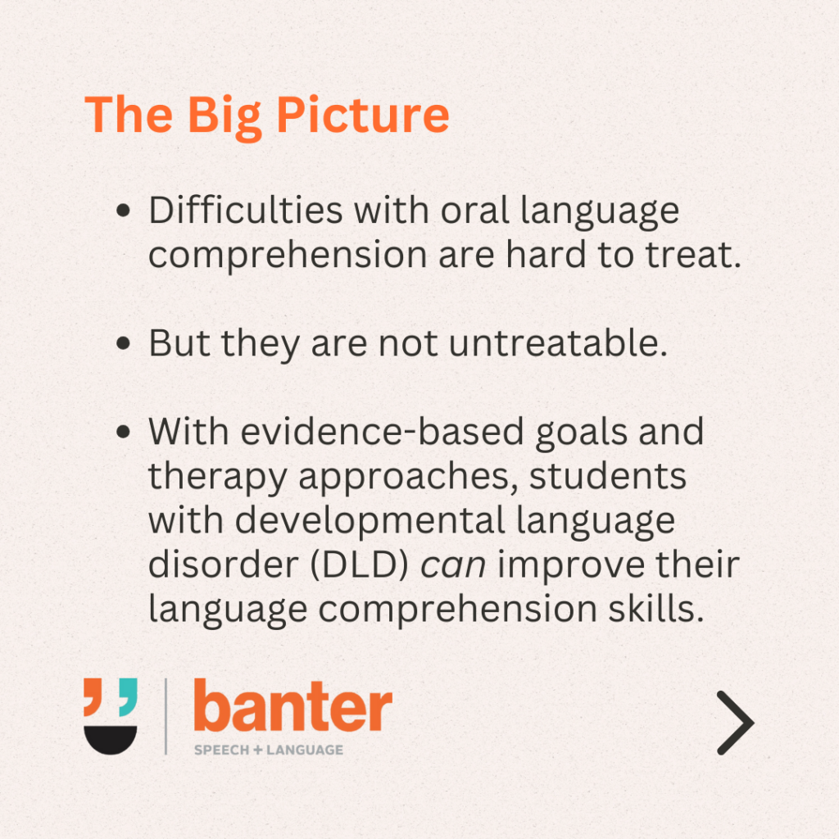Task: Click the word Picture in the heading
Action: (x=363, y=115)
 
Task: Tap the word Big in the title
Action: (x=224, y=118)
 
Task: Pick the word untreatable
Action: (x=558, y=342)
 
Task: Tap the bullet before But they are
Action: (x=123, y=343)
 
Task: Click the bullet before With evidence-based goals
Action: (x=123, y=432)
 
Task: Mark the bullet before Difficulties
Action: (x=123, y=211)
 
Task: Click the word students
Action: (x=608, y=476)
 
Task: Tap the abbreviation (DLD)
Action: (x=359, y=565)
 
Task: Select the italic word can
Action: (x=453, y=566)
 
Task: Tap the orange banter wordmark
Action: (x=293, y=705)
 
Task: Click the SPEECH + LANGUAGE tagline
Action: (x=269, y=750)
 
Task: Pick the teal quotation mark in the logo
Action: (x=128, y=696)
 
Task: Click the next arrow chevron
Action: (x=736, y=723)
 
